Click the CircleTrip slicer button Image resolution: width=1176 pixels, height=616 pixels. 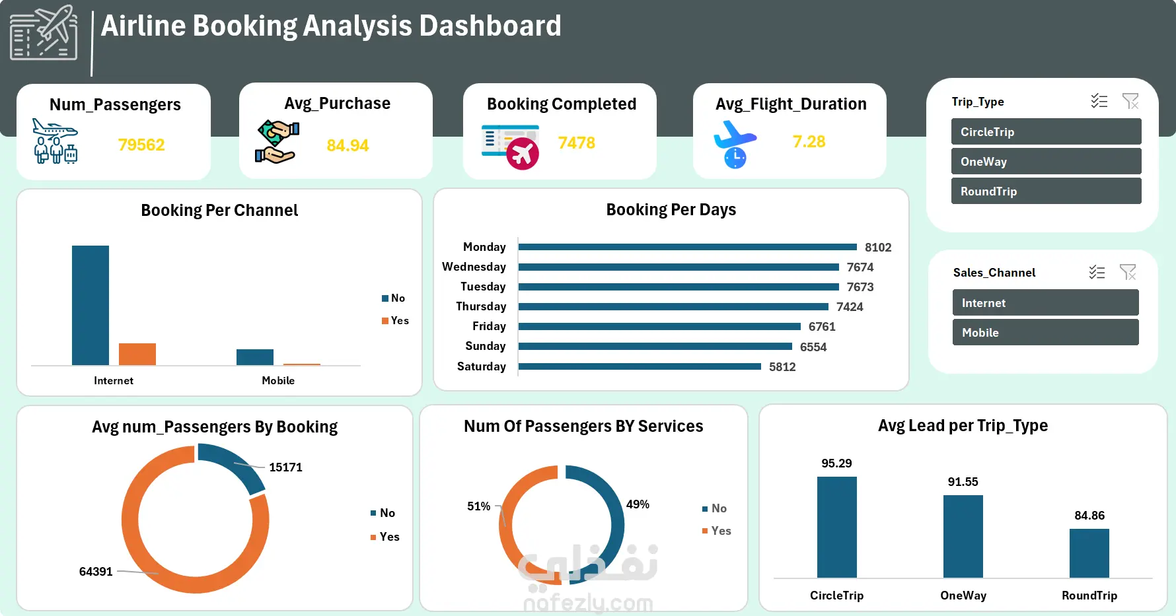(1046, 131)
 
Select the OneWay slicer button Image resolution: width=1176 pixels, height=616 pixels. (1046, 161)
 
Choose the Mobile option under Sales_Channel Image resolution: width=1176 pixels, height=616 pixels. (1045, 332)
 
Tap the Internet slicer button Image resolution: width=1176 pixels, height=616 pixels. (1045, 302)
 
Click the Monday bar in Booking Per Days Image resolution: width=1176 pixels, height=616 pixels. (687, 247)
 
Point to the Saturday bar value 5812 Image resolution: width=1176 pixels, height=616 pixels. (782, 367)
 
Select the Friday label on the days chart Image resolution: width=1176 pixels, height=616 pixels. (489, 326)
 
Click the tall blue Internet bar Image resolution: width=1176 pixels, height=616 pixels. (91, 305)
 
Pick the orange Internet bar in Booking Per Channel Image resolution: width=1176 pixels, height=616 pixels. (137, 354)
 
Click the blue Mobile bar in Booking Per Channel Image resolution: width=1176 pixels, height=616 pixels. (255, 357)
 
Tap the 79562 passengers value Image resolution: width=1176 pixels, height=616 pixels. (141, 145)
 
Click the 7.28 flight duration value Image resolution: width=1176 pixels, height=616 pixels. (809, 141)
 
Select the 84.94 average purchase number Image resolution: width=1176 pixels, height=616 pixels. (348, 145)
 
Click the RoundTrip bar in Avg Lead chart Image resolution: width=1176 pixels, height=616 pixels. (1089, 553)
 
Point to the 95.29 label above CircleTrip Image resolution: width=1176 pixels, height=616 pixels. (836, 463)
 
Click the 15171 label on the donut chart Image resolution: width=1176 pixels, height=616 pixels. (285, 467)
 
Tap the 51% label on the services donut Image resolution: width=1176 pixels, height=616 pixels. (478, 506)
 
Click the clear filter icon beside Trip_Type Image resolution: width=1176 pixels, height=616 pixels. (1130, 101)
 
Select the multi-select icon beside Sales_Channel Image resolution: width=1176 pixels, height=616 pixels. (1097, 272)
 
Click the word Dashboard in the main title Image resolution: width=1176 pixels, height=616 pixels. (490, 26)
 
